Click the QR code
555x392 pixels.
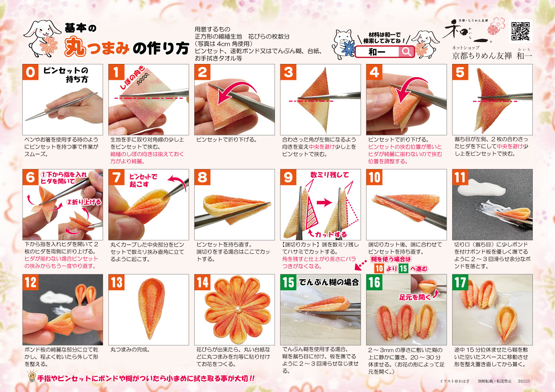click(521, 31)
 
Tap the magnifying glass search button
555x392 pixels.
click(406, 52)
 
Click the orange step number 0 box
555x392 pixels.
click(30, 72)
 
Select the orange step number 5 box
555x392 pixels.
click(460, 72)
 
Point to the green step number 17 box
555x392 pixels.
click(460, 282)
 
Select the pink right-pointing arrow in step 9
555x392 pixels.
click(324, 203)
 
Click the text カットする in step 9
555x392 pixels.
click(330, 234)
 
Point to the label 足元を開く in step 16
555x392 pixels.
click(415, 297)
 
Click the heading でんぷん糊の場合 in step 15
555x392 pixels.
click(329, 282)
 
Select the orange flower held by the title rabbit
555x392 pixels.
click(48, 45)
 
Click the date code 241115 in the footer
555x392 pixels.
click(524, 381)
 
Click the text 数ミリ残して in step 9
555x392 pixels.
click(330, 175)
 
